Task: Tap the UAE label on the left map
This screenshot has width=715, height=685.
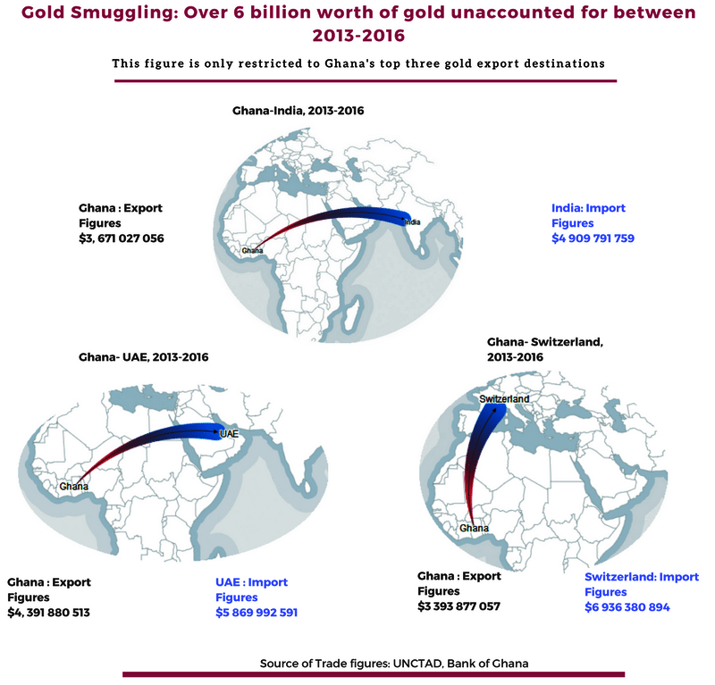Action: (229, 433)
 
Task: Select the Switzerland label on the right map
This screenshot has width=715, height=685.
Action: (504, 398)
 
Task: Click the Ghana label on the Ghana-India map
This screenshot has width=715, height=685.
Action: (253, 251)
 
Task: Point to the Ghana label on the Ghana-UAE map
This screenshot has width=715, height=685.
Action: (73, 487)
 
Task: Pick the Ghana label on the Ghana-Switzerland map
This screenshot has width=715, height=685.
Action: (474, 529)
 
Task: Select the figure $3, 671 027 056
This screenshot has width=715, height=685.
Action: (122, 238)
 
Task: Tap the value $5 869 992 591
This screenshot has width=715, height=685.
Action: (257, 613)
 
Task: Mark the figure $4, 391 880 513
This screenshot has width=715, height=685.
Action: (48, 613)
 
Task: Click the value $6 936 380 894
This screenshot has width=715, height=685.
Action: (627, 607)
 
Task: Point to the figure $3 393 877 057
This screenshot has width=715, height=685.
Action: (458, 606)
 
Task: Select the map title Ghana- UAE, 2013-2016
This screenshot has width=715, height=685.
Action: (144, 357)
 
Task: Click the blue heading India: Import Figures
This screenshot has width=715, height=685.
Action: (588, 215)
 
